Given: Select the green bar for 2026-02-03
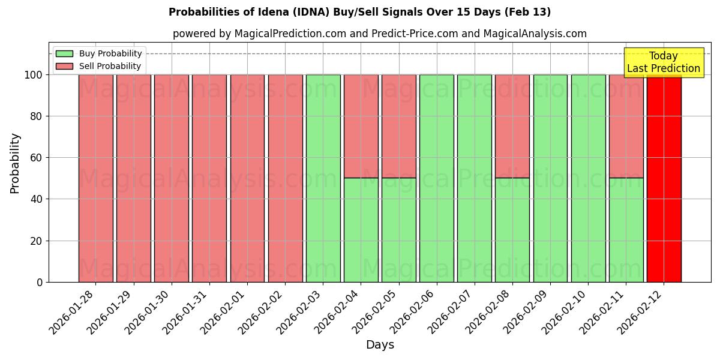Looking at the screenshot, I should (323, 178).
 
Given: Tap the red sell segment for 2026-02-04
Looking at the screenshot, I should (361, 126).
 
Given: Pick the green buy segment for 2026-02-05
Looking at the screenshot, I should (399, 230).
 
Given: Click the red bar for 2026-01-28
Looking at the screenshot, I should (95, 178).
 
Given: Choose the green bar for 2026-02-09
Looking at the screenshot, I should (550, 178).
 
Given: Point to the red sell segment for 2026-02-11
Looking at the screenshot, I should (626, 126).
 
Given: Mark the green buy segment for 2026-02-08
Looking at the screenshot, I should (512, 230).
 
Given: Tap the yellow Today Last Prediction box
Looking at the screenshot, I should (663, 62).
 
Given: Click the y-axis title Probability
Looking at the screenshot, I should (15, 163).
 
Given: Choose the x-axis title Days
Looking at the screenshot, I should (380, 345).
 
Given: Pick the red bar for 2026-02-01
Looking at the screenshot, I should (247, 178).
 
